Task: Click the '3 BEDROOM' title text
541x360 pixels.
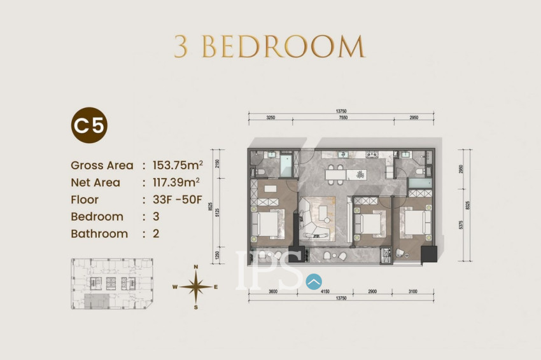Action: (270, 46)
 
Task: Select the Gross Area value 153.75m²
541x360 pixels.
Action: (178, 165)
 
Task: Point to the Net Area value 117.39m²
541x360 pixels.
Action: (177, 183)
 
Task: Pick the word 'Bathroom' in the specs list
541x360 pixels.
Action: (99, 233)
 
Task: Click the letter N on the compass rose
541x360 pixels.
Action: (197, 267)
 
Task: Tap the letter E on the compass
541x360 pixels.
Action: (216, 287)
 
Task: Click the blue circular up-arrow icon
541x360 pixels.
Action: (314, 280)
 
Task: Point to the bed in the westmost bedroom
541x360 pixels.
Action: (267, 223)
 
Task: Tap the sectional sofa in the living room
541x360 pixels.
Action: (316, 219)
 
